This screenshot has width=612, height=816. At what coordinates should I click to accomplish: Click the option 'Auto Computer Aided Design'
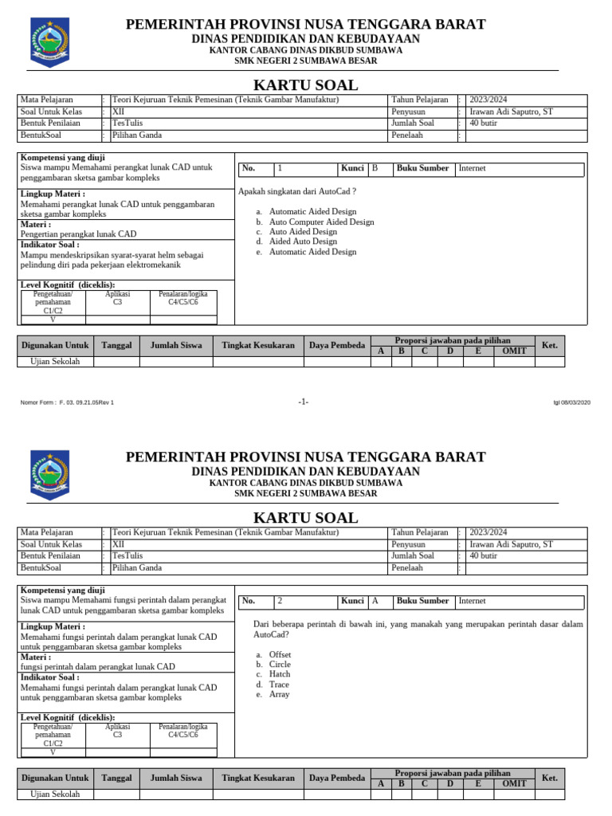click(321, 222)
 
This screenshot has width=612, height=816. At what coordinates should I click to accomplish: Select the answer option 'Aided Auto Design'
click(303, 241)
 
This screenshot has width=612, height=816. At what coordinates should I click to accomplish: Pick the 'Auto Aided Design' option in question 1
click(303, 232)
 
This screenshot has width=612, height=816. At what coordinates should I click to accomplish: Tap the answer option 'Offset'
click(280, 654)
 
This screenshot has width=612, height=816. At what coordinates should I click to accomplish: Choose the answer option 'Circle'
click(280, 665)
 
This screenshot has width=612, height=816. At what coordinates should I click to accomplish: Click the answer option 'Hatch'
click(280, 674)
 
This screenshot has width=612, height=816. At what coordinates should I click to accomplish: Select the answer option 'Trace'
click(279, 685)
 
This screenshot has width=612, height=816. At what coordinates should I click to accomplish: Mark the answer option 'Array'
click(279, 694)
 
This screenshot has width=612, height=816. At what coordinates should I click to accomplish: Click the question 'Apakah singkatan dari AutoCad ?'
click(296, 191)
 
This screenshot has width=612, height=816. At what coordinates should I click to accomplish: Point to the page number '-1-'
click(304, 402)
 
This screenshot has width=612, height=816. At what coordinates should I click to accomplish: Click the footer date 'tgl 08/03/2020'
click(572, 402)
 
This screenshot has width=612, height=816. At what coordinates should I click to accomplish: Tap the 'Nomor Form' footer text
click(67, 402)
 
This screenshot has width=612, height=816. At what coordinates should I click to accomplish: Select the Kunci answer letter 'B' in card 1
click(375, 169)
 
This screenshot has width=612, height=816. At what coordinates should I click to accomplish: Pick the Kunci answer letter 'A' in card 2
click(375, 601)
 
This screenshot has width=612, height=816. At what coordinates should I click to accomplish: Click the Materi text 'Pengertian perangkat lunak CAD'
click(78, 234)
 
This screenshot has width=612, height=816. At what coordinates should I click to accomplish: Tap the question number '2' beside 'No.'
click(280, 601)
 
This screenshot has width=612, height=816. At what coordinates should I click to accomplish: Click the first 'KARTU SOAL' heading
click(305, 85)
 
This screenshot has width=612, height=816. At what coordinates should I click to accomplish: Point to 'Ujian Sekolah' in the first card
click(55, 362)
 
